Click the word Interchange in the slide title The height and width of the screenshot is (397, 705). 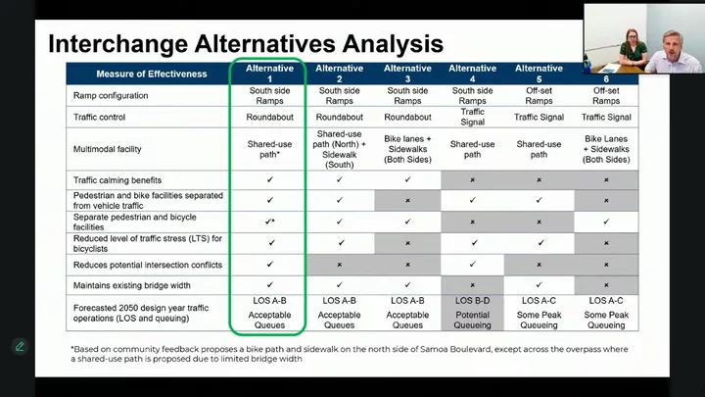pos(117,44)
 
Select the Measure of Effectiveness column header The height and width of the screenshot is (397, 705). pos(152,74)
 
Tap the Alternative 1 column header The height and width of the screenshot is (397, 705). pos(270,74)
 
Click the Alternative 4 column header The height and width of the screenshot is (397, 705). pos(473,74)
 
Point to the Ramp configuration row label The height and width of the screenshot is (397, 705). pos(111,95)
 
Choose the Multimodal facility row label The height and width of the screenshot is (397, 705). pos(108,149)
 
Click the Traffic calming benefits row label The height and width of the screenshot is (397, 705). pos(117,180)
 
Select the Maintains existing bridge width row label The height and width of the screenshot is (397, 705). pos(132,285)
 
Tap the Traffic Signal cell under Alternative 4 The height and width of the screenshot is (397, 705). pos(473,117)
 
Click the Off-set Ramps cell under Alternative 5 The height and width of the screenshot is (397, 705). pos(539,95)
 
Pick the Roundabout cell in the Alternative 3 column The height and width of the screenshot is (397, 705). pos(407,117)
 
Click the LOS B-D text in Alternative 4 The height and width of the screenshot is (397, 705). pos(473,301)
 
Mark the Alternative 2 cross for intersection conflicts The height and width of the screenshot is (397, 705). pos(340,265)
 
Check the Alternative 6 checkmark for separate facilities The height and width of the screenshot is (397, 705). pos(606,222)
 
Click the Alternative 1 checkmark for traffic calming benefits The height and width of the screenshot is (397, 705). pos(270,179)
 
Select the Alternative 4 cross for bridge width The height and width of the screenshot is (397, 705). pos(473,285)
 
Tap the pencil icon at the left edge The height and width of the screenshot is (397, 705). pos(20,347)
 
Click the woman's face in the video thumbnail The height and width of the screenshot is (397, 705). pos(632,37)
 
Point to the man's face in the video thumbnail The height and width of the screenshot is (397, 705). pos(672,45)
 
